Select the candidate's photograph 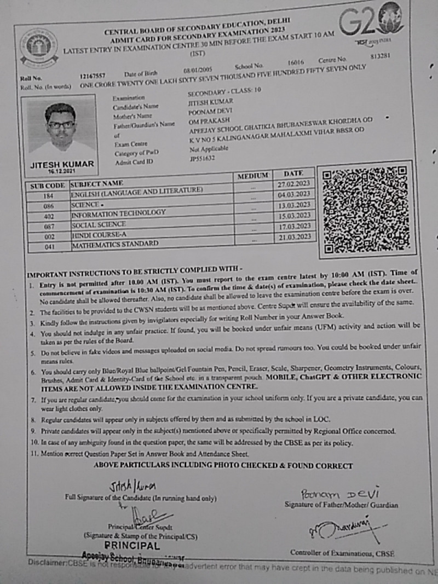61,129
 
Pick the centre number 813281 381,56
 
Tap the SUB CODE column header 47,186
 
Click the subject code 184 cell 48,196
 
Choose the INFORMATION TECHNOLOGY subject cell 118,213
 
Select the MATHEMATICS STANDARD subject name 115,245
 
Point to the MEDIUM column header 253,176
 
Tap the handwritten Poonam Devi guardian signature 339,494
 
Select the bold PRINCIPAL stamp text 132,546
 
